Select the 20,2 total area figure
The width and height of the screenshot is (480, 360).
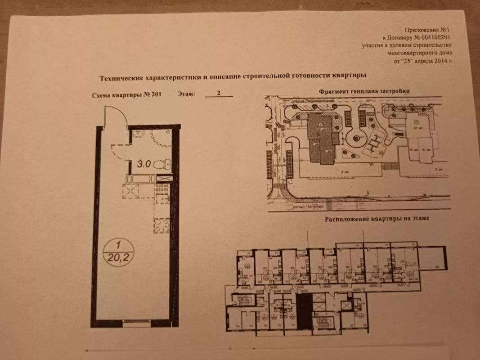(118, 256)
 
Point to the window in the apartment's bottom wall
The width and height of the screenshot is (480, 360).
(135, 323)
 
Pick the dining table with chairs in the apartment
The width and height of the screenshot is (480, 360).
(161, 224)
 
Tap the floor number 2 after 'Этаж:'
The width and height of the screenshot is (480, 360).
(218, 94)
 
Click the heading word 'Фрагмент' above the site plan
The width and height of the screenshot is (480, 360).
(333, 90)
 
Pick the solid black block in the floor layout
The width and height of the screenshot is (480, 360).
(303, 313)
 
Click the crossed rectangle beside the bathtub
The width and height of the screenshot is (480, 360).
(165, 178)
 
